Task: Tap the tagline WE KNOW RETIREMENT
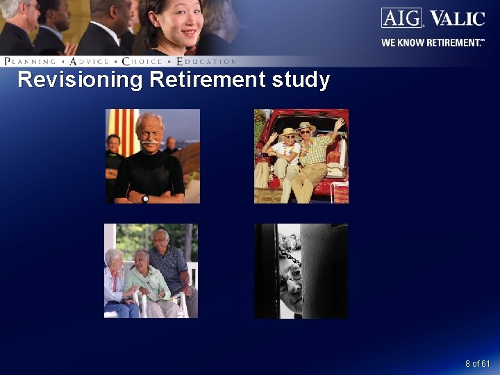pos(432,42)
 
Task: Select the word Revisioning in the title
pos(80,80)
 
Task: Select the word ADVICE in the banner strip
pos(90,62)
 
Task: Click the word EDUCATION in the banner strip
pos(207,62)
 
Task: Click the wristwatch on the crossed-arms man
pos(145,199)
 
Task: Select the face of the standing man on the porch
pos(161,240)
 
